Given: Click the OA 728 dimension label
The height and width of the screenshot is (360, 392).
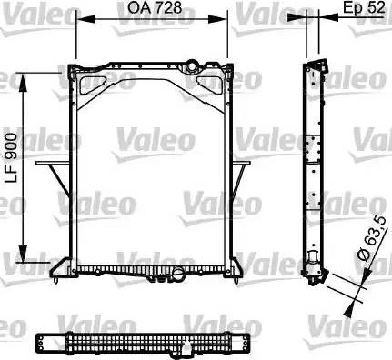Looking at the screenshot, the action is tap(155, 7).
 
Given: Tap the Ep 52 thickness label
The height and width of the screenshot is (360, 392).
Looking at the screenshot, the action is tap(364, 7).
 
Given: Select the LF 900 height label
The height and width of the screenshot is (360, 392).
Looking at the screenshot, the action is tap(12, 158).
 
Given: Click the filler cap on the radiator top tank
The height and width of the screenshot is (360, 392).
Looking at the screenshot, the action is tap(192, 65).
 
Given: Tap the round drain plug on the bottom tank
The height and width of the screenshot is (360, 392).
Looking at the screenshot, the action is tap(178, 275).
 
